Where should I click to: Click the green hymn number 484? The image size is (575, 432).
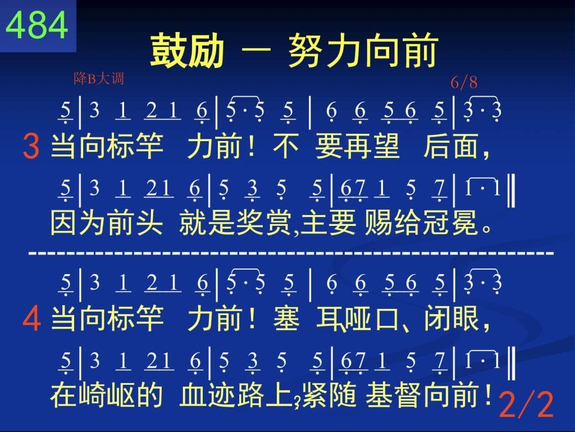click(x=36, y=25)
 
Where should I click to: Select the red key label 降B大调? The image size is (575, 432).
click(x=99, y=79)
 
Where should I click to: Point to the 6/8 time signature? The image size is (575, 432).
click(x=464, y=82)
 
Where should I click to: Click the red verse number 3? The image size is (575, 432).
click(x=31, y=146)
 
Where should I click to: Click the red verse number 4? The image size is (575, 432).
click(x=31, y=319)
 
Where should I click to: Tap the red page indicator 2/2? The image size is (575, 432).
click(x=526, y=404)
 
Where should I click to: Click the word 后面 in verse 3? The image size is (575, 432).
click(x=451, y=146)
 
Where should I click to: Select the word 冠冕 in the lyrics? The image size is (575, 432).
click(x=451, y=223)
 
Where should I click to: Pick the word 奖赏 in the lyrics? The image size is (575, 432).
click(x=265, y=223)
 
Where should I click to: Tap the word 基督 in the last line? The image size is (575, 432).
click(x=394, y=395)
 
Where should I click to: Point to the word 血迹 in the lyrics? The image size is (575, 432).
click(x=208, y=395)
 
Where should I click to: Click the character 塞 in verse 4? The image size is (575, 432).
click(x=286, y=318)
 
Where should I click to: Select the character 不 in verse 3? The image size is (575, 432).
click(x=286, y=146)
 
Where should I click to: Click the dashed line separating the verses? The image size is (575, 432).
click(x=291, y=253)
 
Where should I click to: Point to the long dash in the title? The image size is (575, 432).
click(x=256, y=50)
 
